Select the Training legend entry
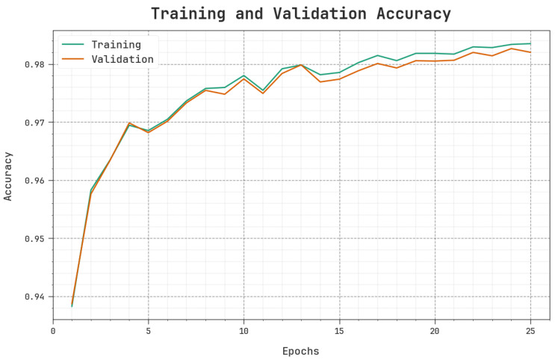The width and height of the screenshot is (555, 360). (116, 45)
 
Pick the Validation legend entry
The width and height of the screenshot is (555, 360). (123, 59)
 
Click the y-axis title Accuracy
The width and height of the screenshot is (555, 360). (8, 176)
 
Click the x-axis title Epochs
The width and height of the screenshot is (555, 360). (301, 351)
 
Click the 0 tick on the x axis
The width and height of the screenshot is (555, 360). (53, 331)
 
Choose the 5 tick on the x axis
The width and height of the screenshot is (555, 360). (149, 331)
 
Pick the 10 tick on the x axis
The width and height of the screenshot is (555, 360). (244, 331)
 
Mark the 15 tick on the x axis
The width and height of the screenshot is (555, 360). (339, 331)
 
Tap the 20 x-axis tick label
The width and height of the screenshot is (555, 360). (435, 331)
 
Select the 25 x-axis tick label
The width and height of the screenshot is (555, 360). (530, 331)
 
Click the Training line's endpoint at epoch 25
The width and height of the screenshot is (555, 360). (530, 43)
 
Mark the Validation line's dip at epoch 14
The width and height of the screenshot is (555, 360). (320, 81)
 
